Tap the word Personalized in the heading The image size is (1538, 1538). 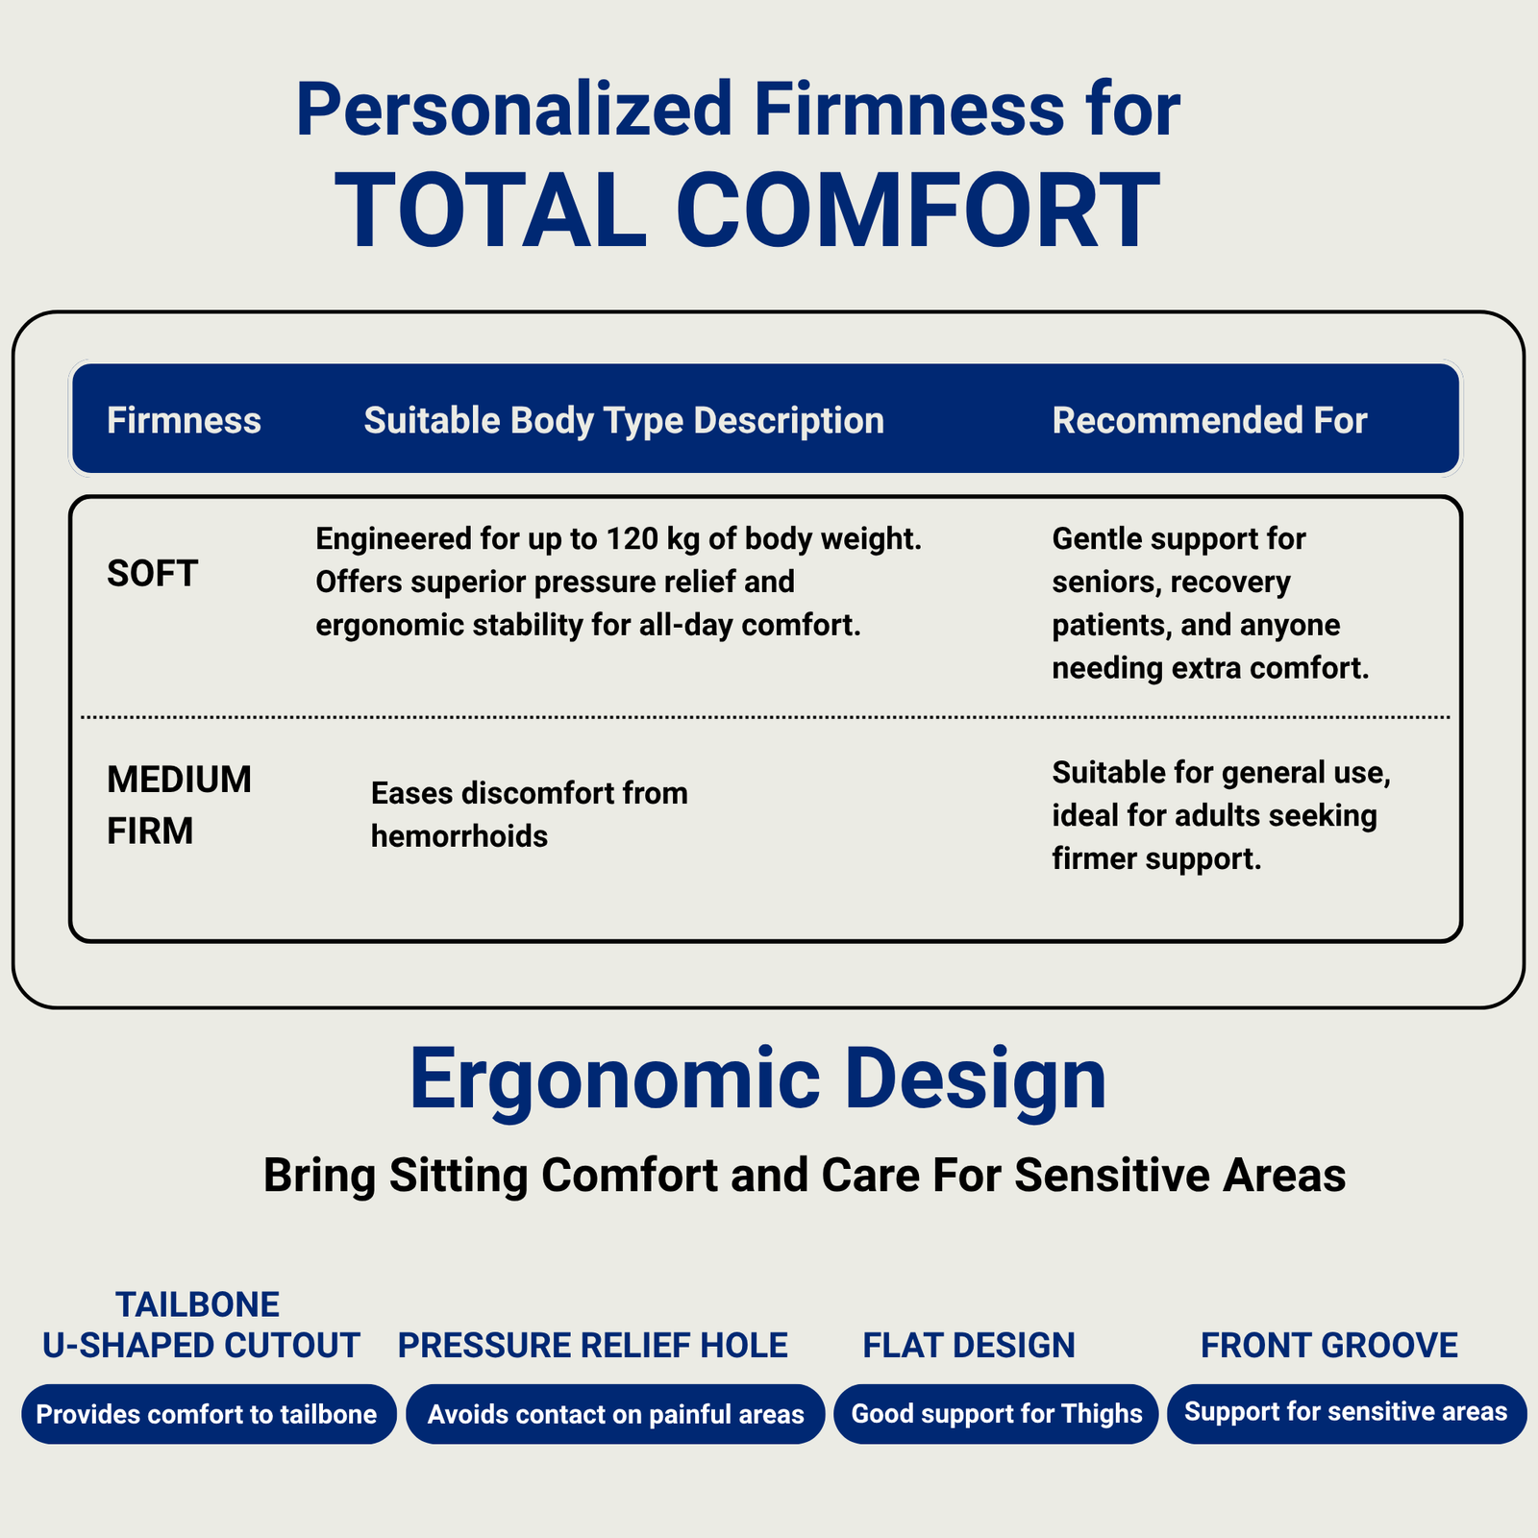(x=515, y=110)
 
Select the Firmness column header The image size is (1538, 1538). (x=184, y=421)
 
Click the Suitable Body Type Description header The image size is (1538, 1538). (x=624, y=421)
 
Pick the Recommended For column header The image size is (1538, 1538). (x=1209, y=421)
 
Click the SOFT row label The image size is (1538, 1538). (x=152, y=574)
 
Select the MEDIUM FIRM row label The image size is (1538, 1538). (x=179, y=806)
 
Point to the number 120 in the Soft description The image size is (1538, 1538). (x=631, y=539)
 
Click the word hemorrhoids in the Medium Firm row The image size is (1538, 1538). (x=459, y=836)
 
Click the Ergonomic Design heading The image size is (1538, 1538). (x=757, y=1080)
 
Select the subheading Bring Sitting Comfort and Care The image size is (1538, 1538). (x=805, y=1175)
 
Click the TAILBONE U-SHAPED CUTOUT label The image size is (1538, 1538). (x=201, y=1325)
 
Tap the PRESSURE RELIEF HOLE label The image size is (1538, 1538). (x=593, y=1346)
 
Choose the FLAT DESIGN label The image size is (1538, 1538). (x=969, y=1346)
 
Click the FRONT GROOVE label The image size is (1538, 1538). (x=1329, y=1346)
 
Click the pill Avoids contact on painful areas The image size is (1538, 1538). (x=615, y=1414)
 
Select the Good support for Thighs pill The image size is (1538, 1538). (x=996, y=1414)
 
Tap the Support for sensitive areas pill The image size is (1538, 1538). (x=1347, y=1414)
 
